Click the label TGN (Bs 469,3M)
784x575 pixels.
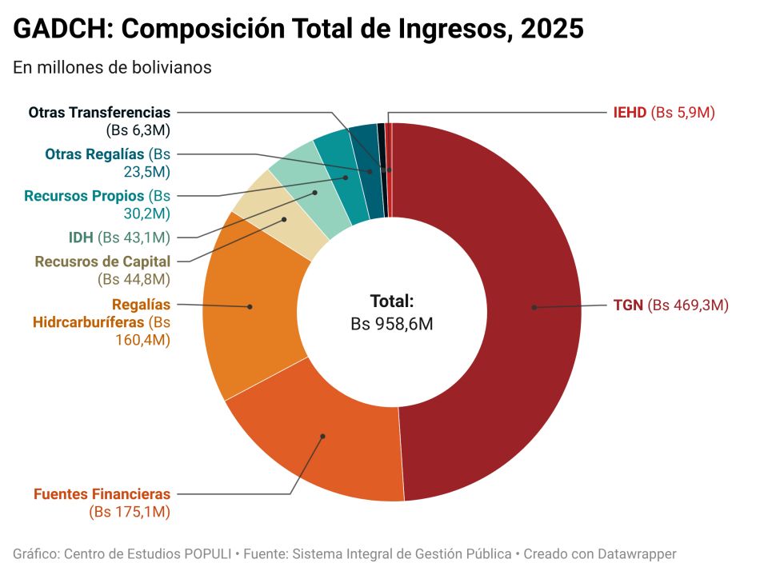(x=670, y=305)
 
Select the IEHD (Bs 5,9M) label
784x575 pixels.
(x=663, y=113)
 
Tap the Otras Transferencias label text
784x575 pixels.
(x=99, y=113)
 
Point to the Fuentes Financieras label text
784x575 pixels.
(x=102, y=494)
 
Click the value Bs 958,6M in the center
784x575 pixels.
(x=392, y=324)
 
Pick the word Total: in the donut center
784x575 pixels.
(x=392, y=301)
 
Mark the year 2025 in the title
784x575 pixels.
(x=552, y=30)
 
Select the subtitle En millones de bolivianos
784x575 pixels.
(x=112, y=67)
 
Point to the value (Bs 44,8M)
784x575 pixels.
(x=134, y=279)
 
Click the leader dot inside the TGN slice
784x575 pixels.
(x=534, y=307)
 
